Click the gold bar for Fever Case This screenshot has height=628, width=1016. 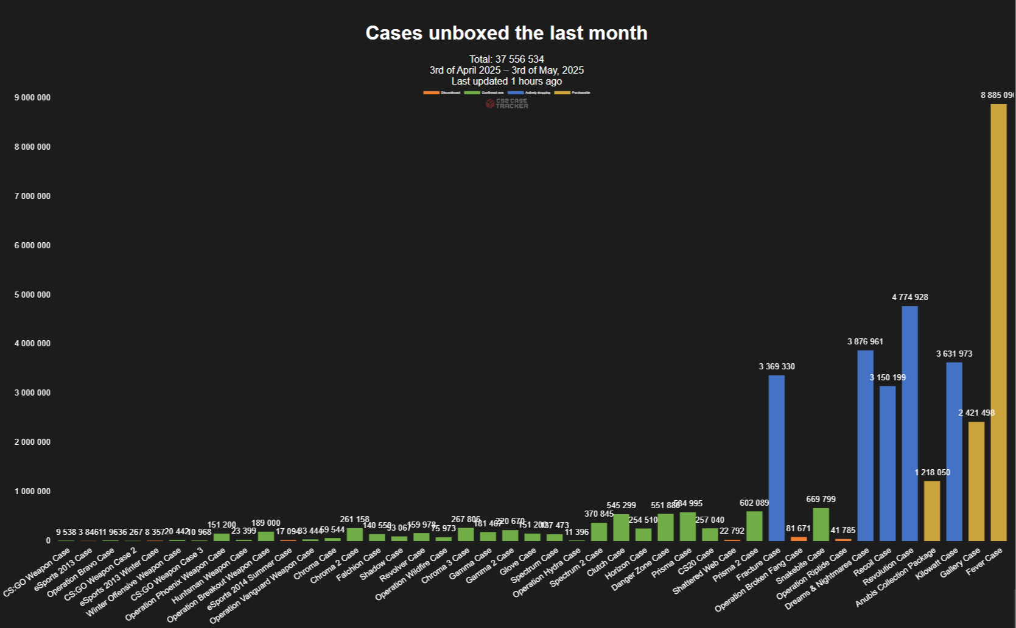tap(998, 323)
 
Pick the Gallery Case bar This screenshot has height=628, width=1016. tap(976, 481)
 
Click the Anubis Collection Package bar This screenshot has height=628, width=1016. tap(932, 511)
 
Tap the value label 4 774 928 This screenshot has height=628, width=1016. tap(909, 297)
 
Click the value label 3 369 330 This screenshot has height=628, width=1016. tap(776, 366)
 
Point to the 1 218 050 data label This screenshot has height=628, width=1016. tap(932, 472)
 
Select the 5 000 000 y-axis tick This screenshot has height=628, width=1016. tap(32, 295)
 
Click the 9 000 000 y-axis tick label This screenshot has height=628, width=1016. tap(32, 97)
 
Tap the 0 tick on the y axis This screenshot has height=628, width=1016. tap(48, 540)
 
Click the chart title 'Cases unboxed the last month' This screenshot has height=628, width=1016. tap(506, 33)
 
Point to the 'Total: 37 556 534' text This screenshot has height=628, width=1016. tap(506, 59)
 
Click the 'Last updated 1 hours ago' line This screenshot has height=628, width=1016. tap(506, 81)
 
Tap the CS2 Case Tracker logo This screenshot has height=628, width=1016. tap(506, 103)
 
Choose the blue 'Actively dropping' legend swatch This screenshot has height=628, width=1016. tap(516, 92)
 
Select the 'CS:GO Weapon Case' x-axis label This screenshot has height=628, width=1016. tap(37, 573)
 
